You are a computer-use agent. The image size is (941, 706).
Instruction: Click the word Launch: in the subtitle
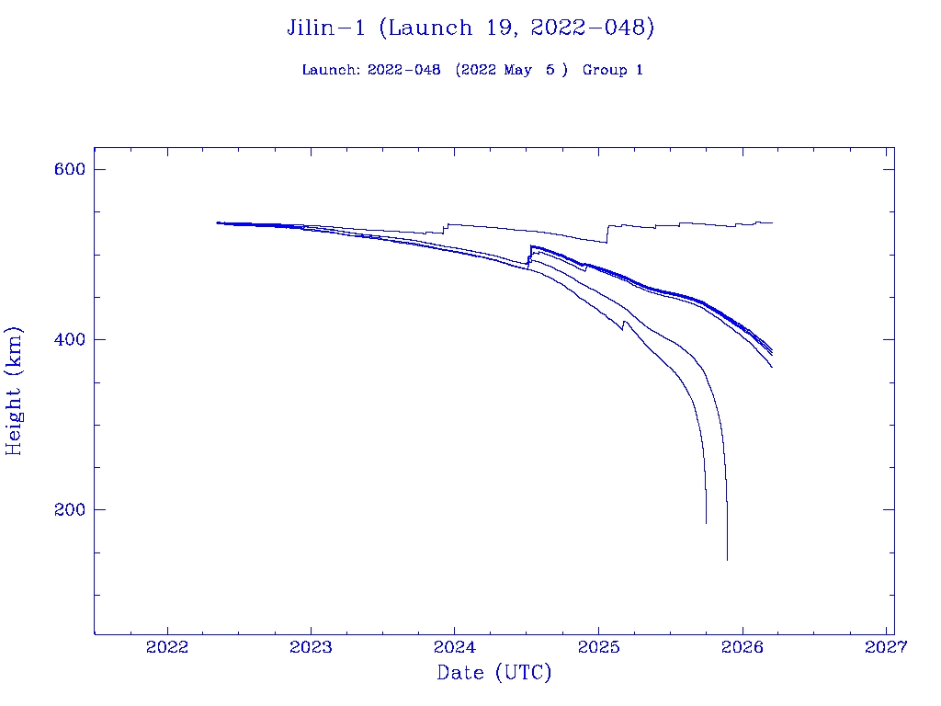click(x=331, y=70)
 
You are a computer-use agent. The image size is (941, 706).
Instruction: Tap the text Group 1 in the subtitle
click(x=612, y=70)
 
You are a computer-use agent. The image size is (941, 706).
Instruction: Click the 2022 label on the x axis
click(x=167, y=647)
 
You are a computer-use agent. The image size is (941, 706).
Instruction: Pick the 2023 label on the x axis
click(x=312, y=647)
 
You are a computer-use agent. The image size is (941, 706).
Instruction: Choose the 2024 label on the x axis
click(x=455, y=647)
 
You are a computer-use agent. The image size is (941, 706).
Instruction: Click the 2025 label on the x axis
click(x=598, y=647)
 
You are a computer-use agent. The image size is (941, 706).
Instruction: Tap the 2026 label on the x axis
click(x=743, y=647)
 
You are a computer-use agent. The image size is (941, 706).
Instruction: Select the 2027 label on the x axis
click(x=886, y=647)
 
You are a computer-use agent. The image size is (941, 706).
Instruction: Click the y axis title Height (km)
click(x=15, y=390)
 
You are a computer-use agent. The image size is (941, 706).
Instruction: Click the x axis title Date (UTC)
click(x=494, y=673)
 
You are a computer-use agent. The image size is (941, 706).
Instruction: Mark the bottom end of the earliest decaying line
click(x=706, y=523)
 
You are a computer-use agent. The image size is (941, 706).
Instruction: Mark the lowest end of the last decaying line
click(x=727, y=559)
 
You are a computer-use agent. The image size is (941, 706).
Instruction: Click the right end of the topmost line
click(x=772, y=222)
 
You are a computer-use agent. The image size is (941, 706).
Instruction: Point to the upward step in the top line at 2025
click(x=607, y=233)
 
